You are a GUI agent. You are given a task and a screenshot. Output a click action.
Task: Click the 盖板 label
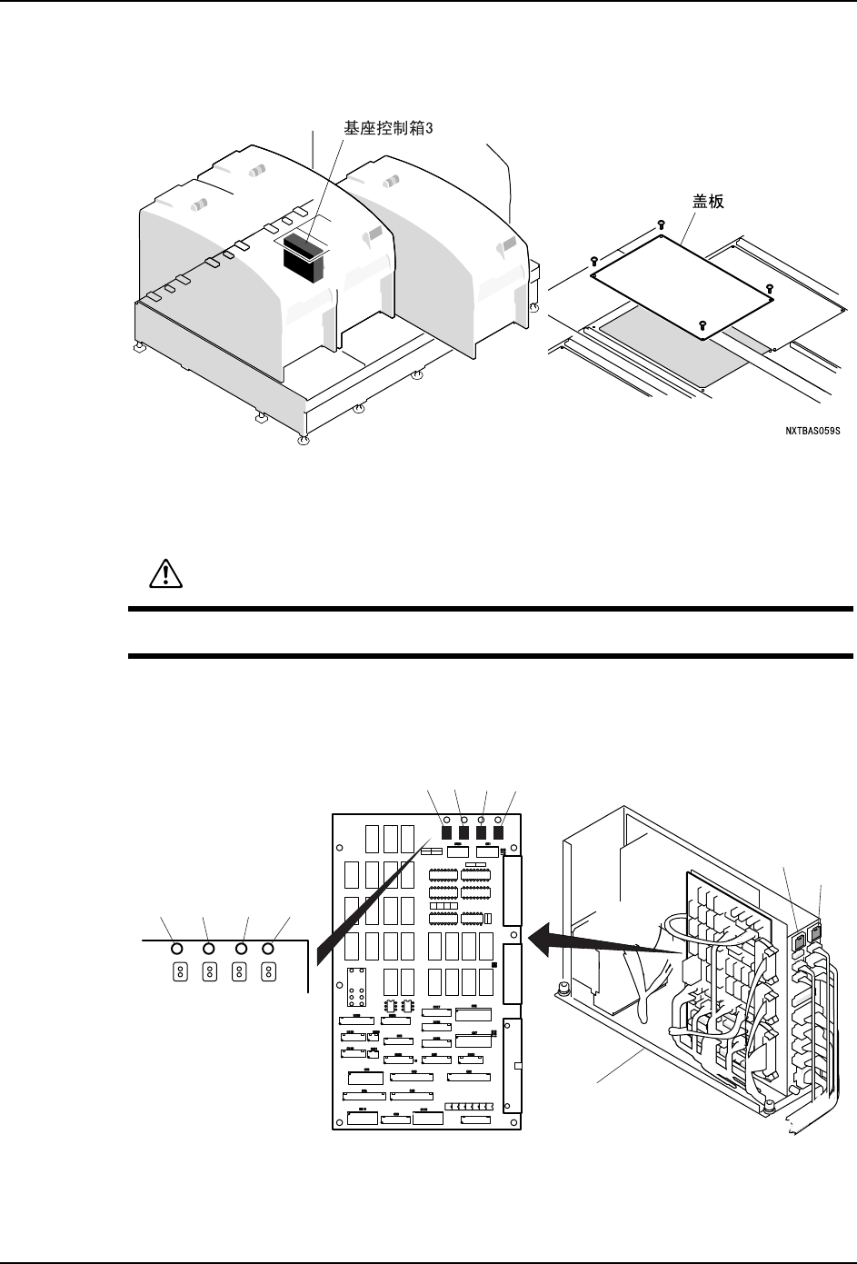(x=703, y=202)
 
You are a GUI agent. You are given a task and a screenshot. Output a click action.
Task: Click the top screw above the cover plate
(x=661, y=224)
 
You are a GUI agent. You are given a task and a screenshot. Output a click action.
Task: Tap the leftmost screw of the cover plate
(x=593, y=259)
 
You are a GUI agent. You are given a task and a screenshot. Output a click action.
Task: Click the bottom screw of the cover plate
(x=702, y=323)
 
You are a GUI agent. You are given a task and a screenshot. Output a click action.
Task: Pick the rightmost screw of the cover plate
(x=771, y=288)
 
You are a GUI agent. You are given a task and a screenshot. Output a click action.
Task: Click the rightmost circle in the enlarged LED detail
(x=268, y=949)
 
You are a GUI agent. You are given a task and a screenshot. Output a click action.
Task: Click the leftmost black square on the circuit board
(x=446, y=831)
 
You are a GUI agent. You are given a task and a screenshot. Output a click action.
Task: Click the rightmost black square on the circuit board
(x=498, y=831)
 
